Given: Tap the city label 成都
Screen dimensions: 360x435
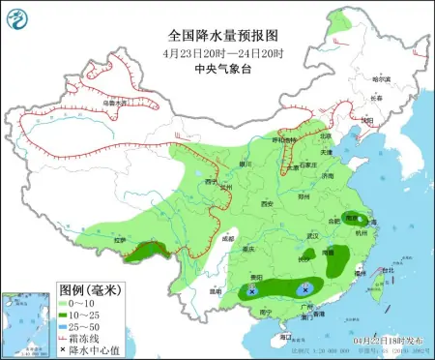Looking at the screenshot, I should [226, 237].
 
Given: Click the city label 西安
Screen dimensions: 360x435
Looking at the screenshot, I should [268, 203].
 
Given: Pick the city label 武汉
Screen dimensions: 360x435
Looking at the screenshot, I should [311, 235].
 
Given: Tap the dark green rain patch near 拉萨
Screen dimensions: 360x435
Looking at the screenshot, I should [145, 254].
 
